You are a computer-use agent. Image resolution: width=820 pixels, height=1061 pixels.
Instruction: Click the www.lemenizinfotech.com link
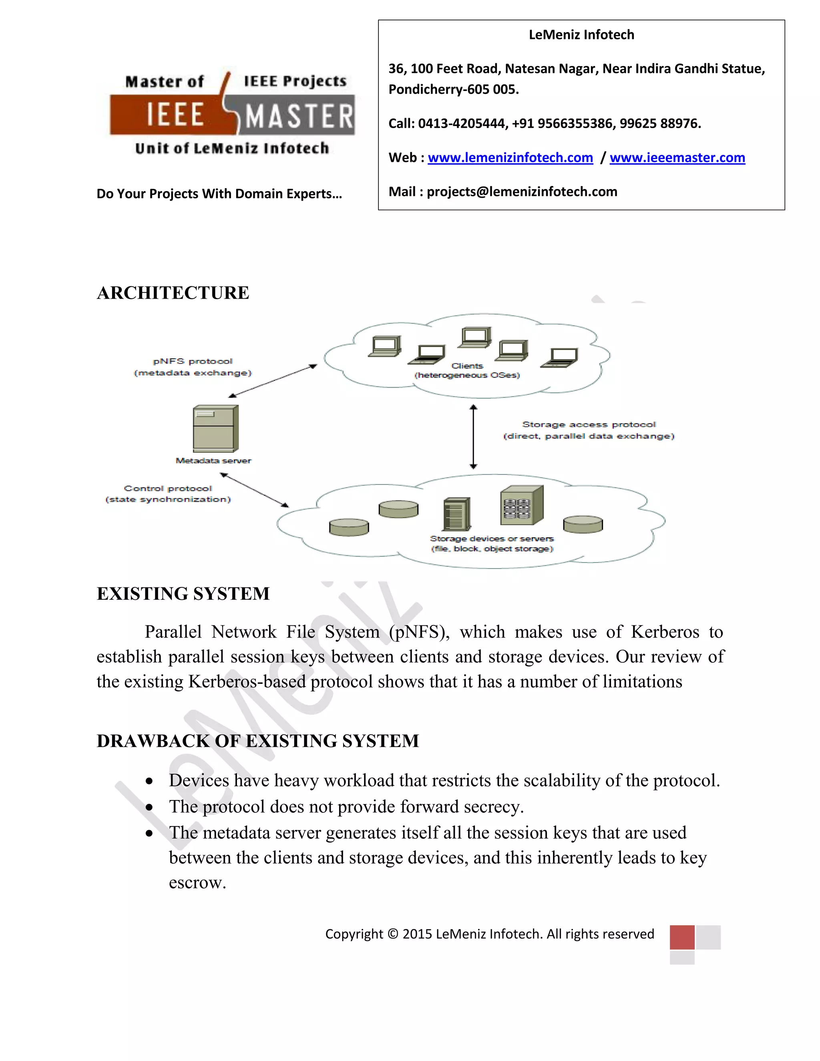510,158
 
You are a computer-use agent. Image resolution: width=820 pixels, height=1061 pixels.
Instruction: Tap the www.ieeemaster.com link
677,158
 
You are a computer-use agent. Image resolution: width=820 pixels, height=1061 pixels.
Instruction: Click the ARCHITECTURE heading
173,293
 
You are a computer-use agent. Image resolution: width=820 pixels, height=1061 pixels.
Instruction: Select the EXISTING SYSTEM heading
183,594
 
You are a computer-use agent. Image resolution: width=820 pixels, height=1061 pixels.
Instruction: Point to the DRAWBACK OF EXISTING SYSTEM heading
257,741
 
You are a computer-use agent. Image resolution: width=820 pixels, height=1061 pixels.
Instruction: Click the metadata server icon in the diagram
215,428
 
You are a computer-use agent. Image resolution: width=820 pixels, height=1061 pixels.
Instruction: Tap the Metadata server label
213,460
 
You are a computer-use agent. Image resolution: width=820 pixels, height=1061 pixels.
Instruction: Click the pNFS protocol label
193,362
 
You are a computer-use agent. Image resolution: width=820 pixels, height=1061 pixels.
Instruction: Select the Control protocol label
168,488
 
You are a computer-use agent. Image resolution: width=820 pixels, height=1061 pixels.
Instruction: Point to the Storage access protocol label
589,424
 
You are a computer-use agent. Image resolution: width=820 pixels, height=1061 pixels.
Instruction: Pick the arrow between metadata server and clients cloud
273,381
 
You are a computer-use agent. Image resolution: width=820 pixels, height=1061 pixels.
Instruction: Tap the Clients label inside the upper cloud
467,366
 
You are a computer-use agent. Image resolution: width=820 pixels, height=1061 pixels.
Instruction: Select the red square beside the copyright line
682,937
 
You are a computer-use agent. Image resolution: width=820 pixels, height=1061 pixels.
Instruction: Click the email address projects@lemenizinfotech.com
522,192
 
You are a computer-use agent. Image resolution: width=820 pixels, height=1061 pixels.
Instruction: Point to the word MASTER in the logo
299,117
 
